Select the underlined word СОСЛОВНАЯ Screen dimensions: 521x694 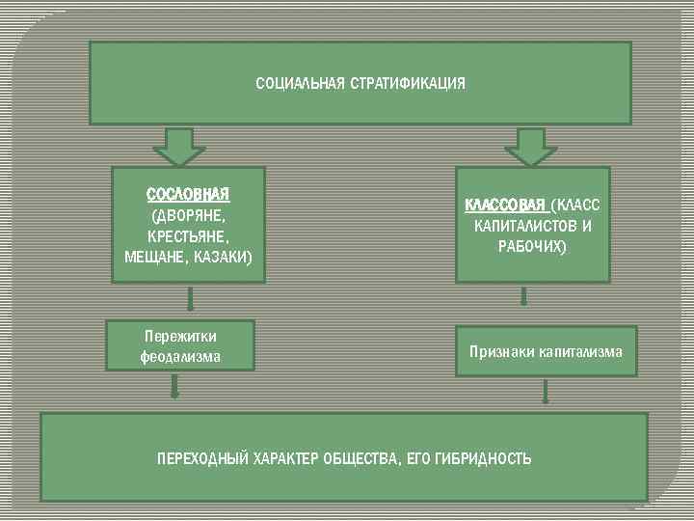pos(188,196)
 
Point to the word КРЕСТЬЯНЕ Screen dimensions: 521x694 pos(189,236)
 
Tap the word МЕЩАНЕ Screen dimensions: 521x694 pos(156,257)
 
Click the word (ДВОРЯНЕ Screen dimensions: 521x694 pos(189,216)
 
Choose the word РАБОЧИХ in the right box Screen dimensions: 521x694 pos(532,247)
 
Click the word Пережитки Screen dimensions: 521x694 pos(180,336)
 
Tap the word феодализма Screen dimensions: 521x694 pos(180,356)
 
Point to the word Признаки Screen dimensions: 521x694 pos(501,352)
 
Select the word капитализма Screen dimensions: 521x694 pos(581,352)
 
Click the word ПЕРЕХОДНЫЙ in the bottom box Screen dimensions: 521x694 pos(201,458)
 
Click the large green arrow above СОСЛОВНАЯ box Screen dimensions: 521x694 pos(178,147)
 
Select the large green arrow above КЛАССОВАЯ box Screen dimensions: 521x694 pos(531,147)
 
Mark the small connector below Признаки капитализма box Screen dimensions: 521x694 pos(547,391)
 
